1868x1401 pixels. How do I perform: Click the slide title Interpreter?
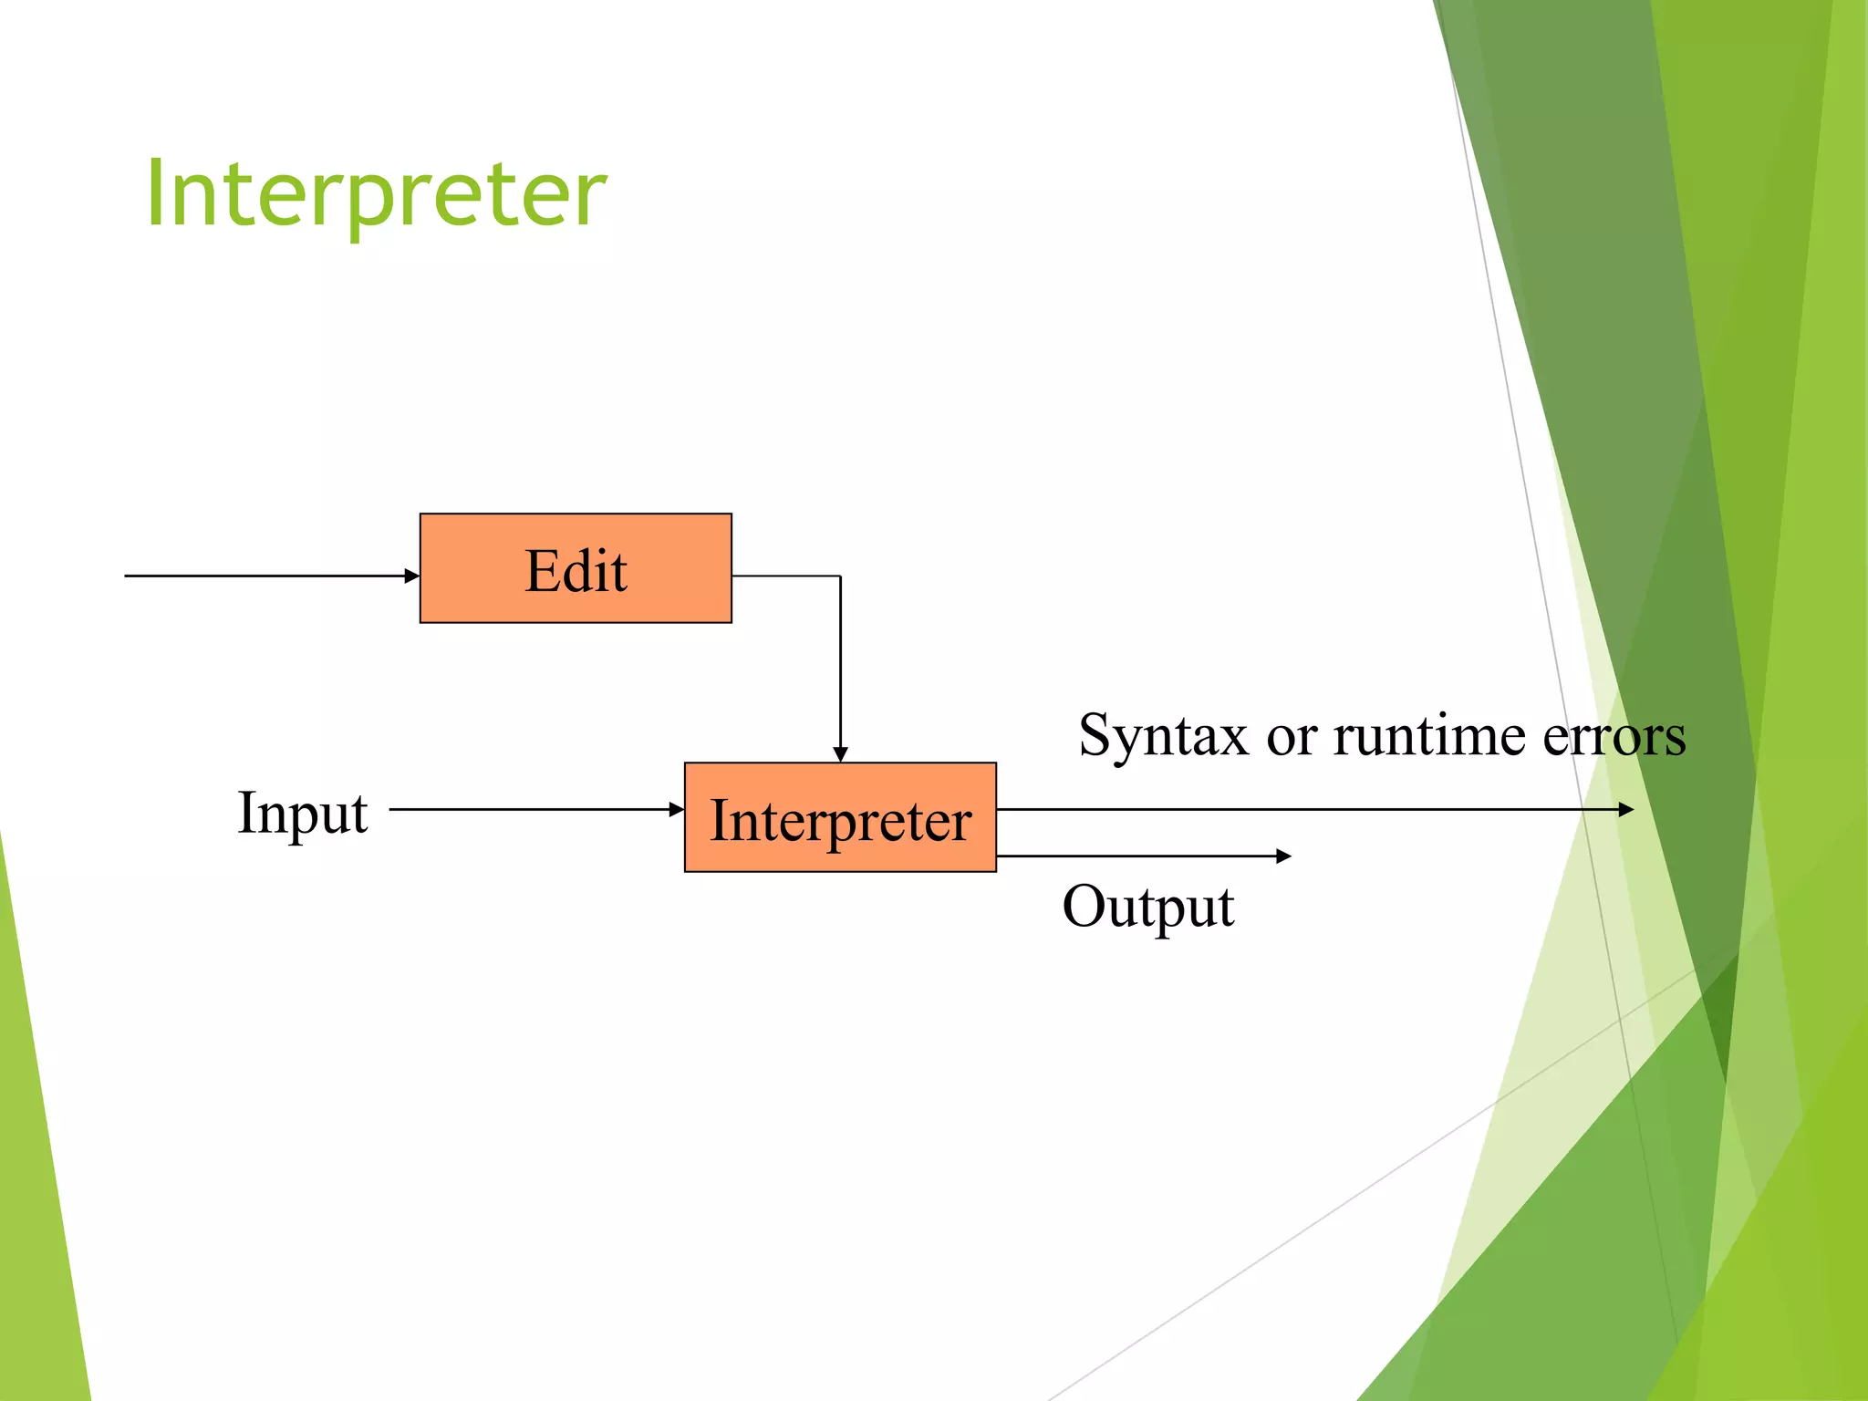376,193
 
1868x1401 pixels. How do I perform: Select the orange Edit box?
576,568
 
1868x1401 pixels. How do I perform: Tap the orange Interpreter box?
840,817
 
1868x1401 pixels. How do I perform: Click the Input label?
302,812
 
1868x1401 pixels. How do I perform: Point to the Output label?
1147,907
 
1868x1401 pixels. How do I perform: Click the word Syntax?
1162,735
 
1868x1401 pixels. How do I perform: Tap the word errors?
1614,735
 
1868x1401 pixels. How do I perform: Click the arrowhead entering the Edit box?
412,576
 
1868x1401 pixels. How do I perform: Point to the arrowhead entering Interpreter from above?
840,754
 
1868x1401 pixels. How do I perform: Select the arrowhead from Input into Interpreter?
677,809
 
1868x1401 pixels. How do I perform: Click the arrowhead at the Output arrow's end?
1283,856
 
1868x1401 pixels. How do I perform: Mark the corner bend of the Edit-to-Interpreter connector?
840,576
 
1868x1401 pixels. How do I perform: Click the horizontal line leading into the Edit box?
265,576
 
